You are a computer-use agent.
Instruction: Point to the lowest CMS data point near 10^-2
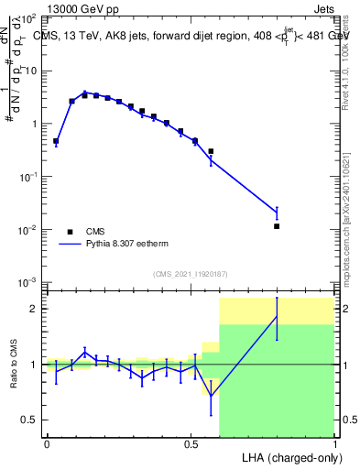pos(277,226)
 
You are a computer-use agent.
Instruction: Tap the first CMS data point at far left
pos(56,142)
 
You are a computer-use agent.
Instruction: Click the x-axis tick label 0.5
pos(191,443)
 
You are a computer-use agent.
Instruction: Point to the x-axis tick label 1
pos(334,443)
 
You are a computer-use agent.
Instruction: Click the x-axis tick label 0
pos(47,443)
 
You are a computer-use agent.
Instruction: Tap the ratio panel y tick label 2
pos(34,309)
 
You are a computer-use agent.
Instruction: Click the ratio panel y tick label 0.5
pos(29,420)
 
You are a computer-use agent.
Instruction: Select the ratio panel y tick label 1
pos(34,365)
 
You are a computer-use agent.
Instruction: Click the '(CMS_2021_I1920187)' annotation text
pos(190,274)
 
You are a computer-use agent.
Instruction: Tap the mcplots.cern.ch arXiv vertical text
pos(348,215)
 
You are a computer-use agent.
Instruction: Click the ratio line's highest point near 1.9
pos(277,316)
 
